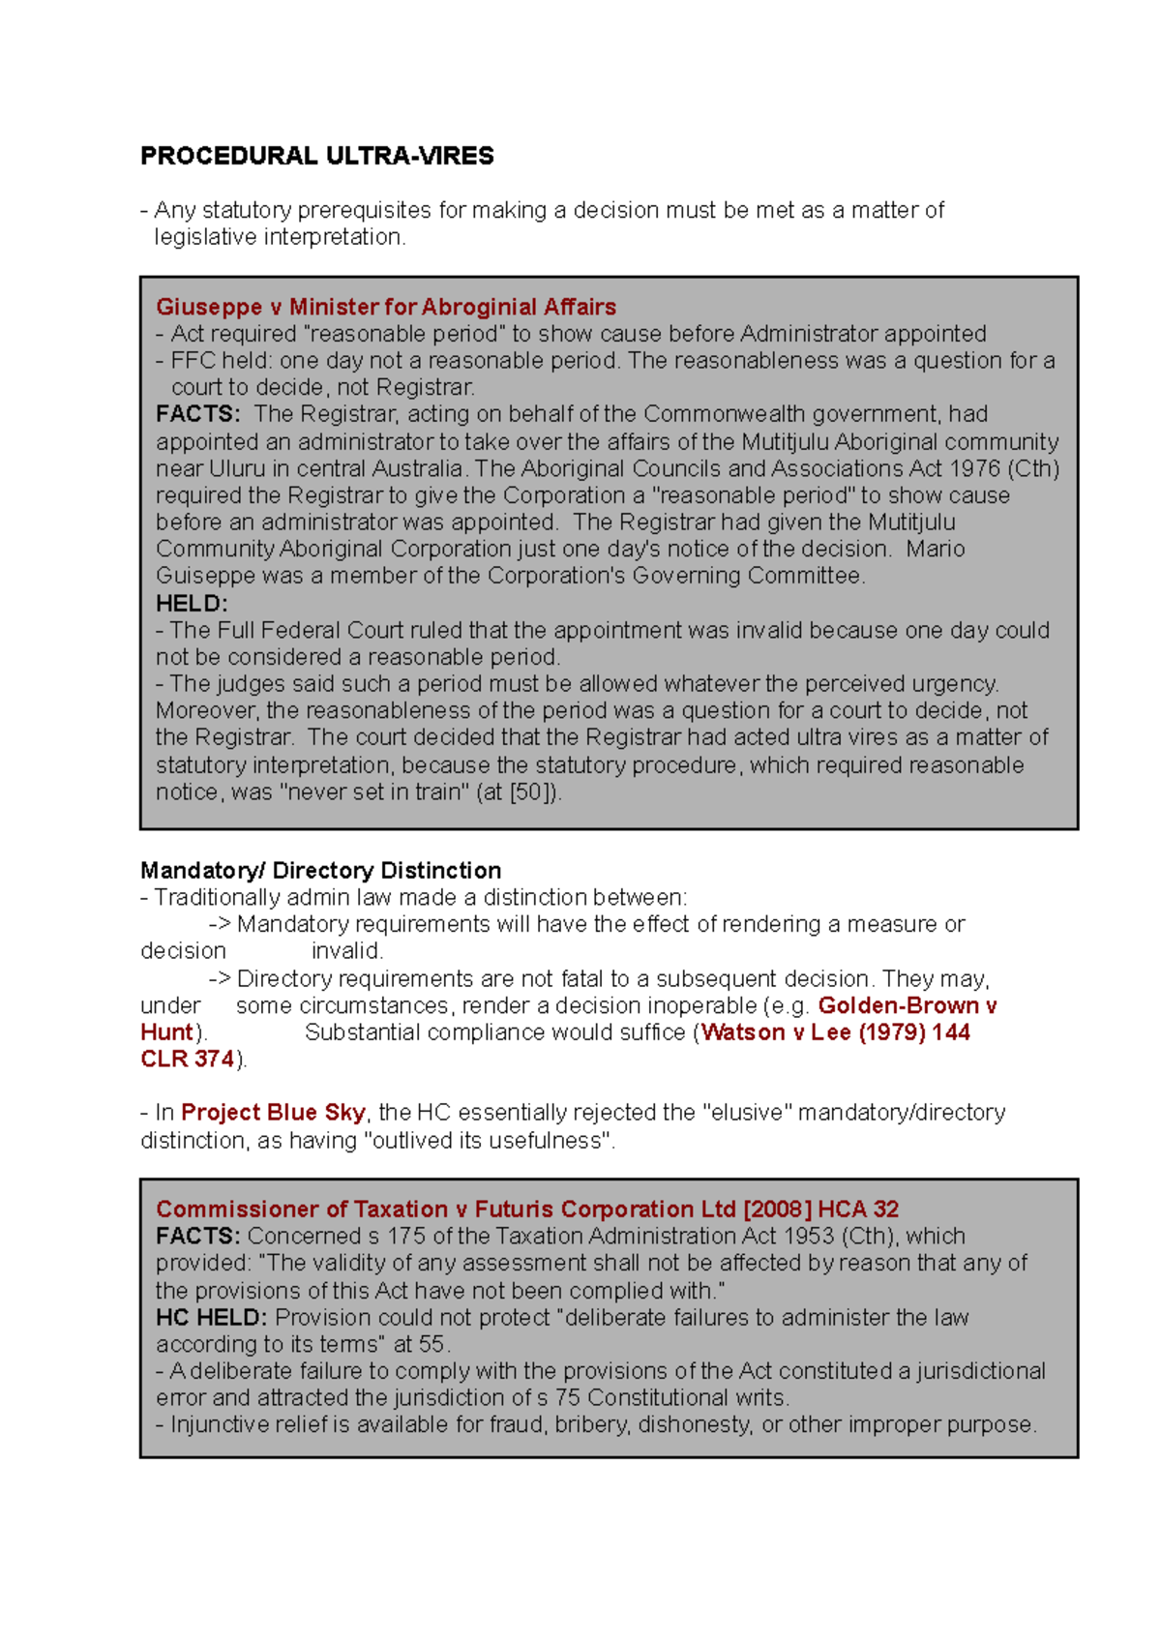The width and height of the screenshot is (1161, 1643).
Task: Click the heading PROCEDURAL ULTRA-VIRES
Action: tap(316, 156)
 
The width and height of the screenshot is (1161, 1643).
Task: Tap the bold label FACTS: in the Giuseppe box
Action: tap(197, 414)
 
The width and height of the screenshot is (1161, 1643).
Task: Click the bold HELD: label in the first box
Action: tap(192, 604)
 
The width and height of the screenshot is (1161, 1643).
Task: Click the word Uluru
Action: tap(237, 468)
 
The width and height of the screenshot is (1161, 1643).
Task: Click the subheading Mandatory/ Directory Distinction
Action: tap(320, 870)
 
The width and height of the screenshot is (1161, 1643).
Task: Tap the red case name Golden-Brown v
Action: tap(907, 1005)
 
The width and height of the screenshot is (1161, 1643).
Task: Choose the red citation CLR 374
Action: tap(187, 1060)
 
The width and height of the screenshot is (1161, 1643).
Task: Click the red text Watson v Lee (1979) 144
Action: tap(835, 1032)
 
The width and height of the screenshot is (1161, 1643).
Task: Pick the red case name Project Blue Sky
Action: tap(273, 1113)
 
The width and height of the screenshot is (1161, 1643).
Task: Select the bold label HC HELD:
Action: tap(211, 1318)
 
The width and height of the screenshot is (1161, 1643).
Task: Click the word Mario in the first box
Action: tap(936, 550)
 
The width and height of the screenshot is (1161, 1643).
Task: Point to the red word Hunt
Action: tap(166, 1032)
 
